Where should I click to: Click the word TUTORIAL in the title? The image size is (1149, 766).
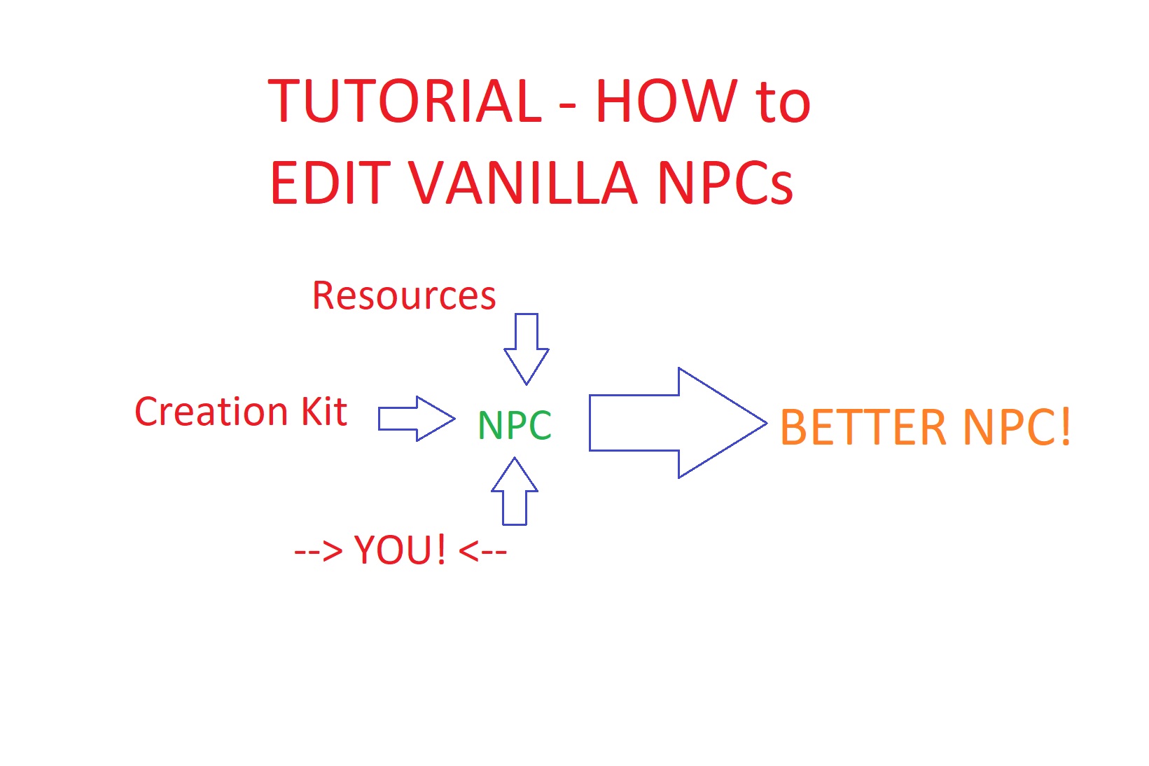[405, 101]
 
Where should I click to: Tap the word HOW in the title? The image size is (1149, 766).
[667, 101]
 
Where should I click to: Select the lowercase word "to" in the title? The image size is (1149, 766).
[783, 103]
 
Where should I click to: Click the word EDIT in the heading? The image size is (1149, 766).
[331, 183]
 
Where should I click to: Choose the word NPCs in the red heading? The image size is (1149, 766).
[725, 183]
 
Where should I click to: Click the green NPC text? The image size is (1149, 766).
[515, 425]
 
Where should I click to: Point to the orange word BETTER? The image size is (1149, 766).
[863, 427]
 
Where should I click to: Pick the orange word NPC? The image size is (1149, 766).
[1017, 427]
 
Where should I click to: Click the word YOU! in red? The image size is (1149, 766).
[399, 550]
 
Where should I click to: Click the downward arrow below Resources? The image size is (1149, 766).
[527, 349]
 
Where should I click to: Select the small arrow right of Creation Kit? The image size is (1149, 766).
[417, 419]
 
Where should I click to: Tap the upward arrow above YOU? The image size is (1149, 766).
[515, 491]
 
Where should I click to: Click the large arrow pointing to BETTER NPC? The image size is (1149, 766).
[678, 423]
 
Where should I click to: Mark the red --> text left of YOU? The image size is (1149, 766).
[318, 552]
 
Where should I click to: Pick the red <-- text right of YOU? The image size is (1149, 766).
[482, 552]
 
